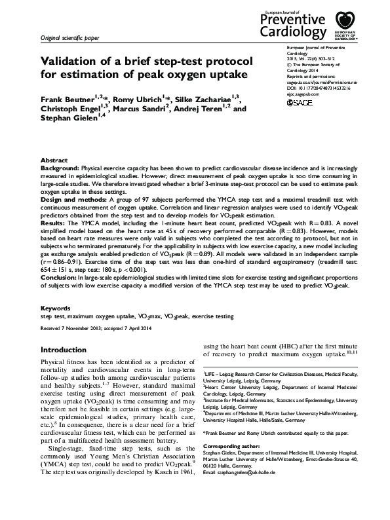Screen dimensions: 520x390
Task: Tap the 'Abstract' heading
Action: (x=54, y=160)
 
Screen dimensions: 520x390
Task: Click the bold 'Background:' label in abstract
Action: (x=62, y=168)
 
